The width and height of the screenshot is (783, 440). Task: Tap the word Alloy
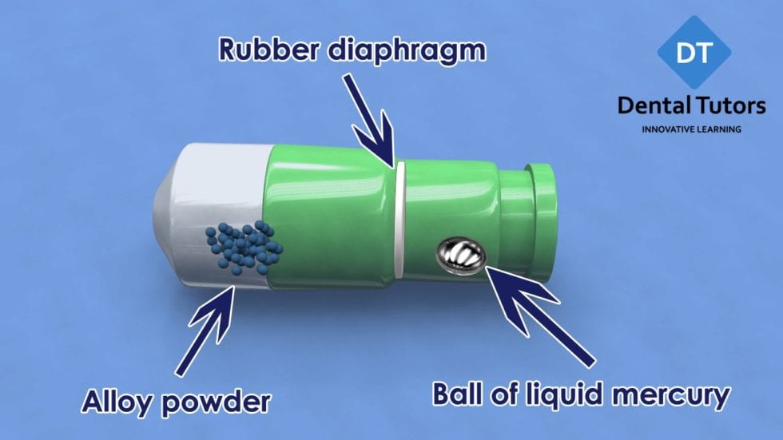coord(117,400)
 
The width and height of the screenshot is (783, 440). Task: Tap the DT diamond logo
coord(694,51)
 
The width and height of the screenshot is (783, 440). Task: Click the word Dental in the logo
coord(652,105)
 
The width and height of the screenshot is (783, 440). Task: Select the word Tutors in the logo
coord(729,105)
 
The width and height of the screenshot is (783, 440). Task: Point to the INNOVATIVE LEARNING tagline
coord(691,129)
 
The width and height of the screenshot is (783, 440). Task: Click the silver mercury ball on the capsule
coord(461,256)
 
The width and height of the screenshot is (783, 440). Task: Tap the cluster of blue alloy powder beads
coord(244,248)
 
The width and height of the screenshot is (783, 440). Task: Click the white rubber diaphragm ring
coord(399,219)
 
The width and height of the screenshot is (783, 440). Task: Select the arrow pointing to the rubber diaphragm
coord(369,120)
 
